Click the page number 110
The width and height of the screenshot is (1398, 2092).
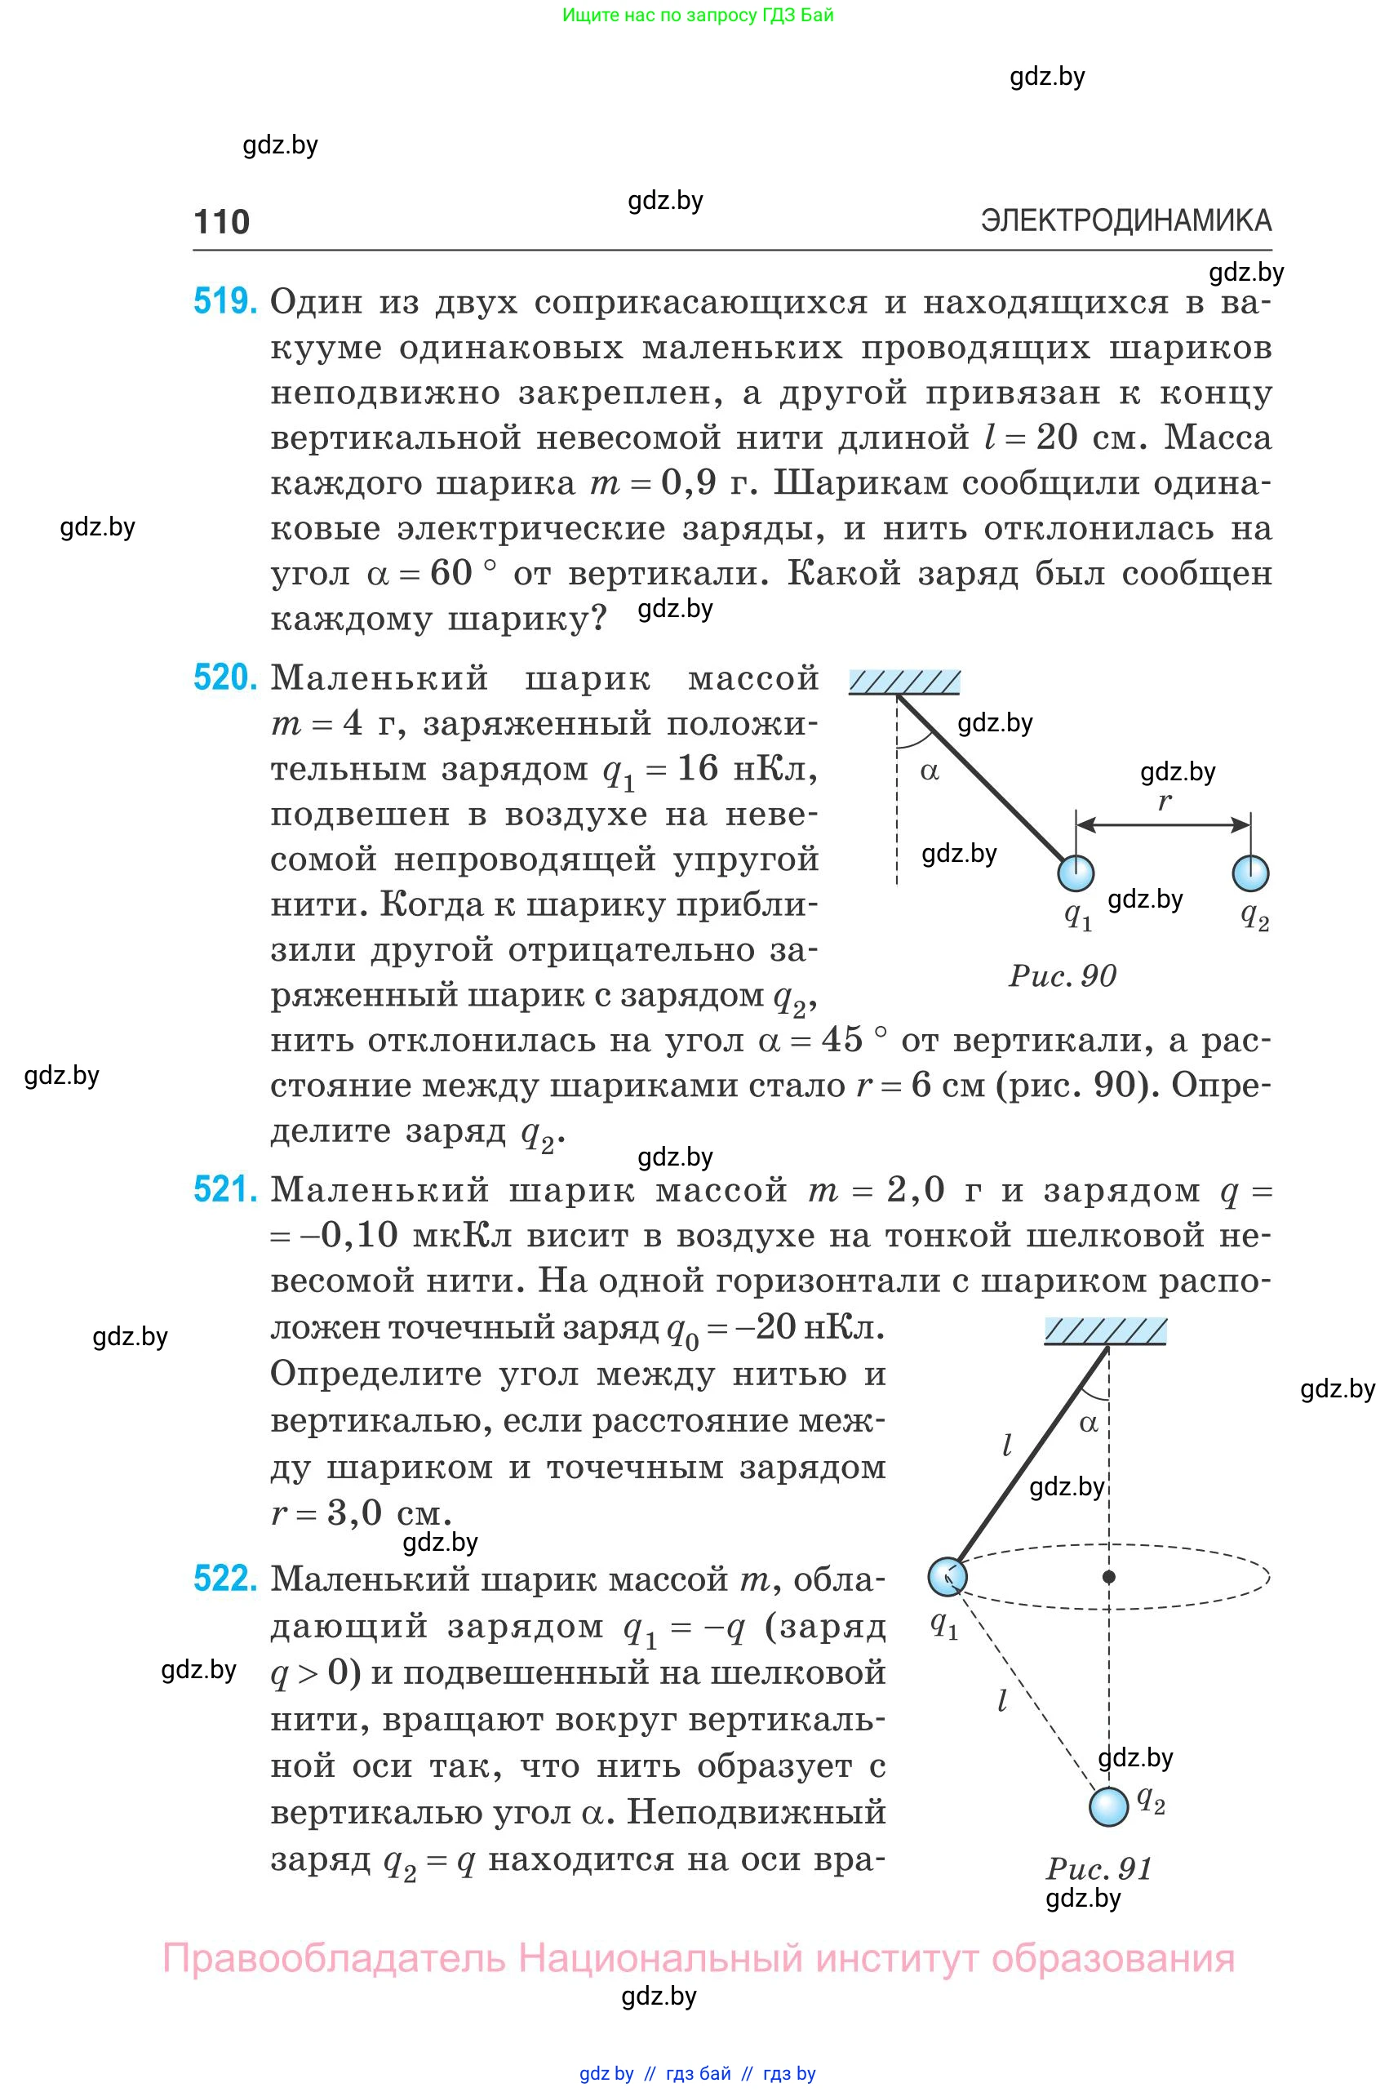tap(221, 221)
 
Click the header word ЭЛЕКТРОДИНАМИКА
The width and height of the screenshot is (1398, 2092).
tap(1125, 220)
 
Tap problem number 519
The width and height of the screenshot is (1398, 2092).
tap(224, 301)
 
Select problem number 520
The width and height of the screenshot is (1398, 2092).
tap(224, 677)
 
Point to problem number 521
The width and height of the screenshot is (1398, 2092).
tap(224, 1189)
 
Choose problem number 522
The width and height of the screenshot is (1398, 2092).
tap(224, 1579)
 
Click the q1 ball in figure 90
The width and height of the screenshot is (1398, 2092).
tap(1076, 873)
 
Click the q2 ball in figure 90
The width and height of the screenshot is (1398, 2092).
tap(1250, 873)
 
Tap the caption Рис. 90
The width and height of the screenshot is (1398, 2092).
tap(1062, 975)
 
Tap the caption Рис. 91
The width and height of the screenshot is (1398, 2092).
tap(1098, 1868)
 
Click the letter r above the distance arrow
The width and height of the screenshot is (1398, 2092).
tap(1164, 801)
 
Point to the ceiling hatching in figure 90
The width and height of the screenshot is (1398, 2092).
tap(904, 683)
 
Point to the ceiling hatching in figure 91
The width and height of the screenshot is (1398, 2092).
tap(1105, 1331)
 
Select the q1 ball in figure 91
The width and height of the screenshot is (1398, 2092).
tap(946, 1577)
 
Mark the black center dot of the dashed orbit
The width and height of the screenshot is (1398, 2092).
tap(1109, 1577)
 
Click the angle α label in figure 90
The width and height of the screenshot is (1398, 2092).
tap(929, 771)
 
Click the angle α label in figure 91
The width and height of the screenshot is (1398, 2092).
tap(1089, 1423)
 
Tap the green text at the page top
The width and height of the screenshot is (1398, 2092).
tap(697, 16)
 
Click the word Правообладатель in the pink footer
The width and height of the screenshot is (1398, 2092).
tap(334, 1958)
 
